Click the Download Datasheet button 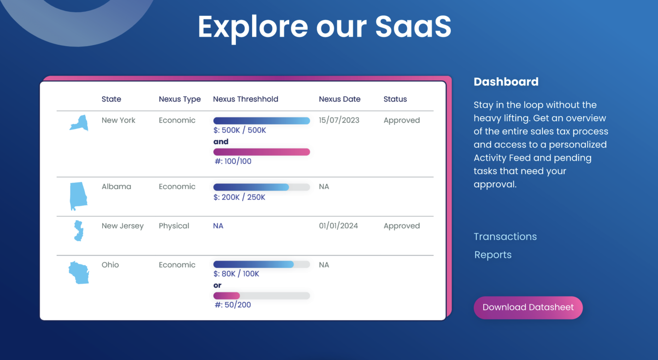[x=528, y=307]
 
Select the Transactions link [x=505, y=237]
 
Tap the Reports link [x=493, y=255]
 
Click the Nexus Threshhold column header [x=246, y=99]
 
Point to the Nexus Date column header [x=340, y=99]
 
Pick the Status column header [x=395, y=99]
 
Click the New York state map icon [x=79, y=123]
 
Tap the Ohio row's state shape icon [x=79, y=273]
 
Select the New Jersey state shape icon [x=78, y=231]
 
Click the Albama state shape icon [x=78, y=196]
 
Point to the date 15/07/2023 [x=339, y=120]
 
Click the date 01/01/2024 [x=338, y=226]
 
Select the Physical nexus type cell [x=174, y=226]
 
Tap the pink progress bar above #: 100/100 [x=262, y=152]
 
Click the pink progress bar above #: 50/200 [x=262, y=296]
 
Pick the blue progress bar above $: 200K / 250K [x=262, y=187]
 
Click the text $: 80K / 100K [x=236, y=274]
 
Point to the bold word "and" [x=221, y=141]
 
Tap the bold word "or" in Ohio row [x=217, y=285]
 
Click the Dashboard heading [x=506, y=82]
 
